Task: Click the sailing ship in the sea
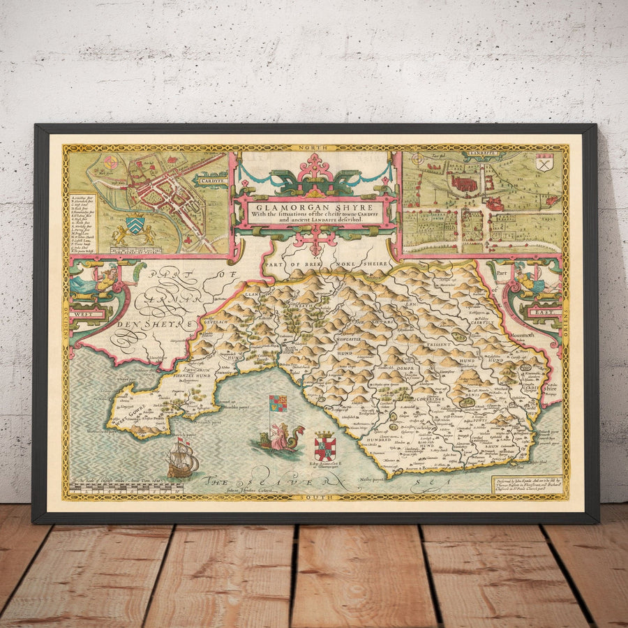pyautogui.click(x=182, y=461)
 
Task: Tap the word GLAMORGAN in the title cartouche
pyautogui.click(x=282, y=207)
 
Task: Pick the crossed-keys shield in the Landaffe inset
pyautogui.click(x=545, y=163)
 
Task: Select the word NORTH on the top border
pyautogui.click(x=315, y=148)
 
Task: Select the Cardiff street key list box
pyautogui.click(x=82, y=223)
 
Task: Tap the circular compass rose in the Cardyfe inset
pyautogui.click(x=110, y=163)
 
